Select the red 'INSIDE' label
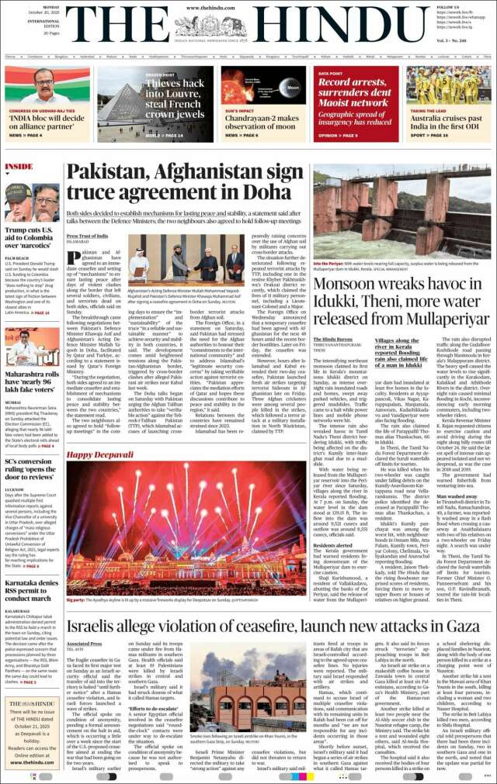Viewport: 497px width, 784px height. click(x=19, y=166)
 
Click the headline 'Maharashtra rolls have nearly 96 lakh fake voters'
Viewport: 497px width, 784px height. click(x=31, y=378)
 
